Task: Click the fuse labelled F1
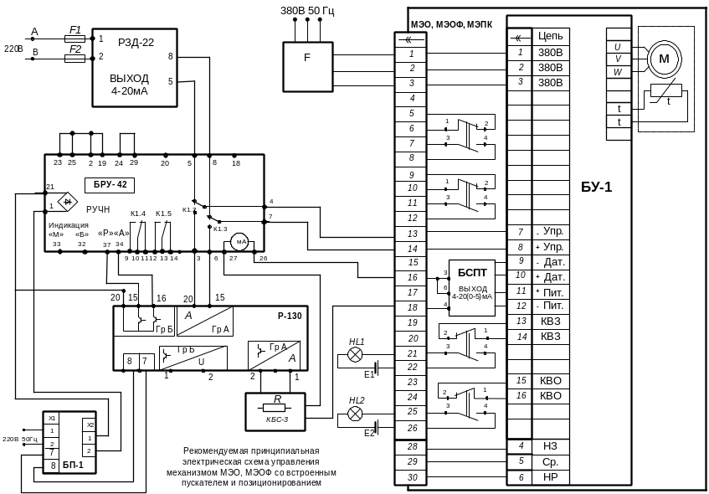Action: click(x=75, y=38)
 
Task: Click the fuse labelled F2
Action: click(x=75, y=59)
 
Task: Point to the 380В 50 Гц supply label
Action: click(x=307, y=10)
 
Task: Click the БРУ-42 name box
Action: click(x=110, y=183)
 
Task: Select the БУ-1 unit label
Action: click(x=597, y=187)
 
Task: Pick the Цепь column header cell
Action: click(x=551, y=38)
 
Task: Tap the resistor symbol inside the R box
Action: click(x=276, y=409)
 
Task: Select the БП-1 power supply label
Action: click(x=74, y=461)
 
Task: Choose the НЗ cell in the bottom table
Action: click(x=551, y=445)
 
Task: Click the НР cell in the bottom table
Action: click(x=551, y=476)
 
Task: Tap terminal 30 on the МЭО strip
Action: click(x=412, y=476)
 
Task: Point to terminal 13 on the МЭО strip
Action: click(x=412, y=234)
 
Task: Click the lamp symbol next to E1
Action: click(x=356, y=355)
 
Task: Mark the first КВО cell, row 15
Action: click(x=551, y=380)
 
